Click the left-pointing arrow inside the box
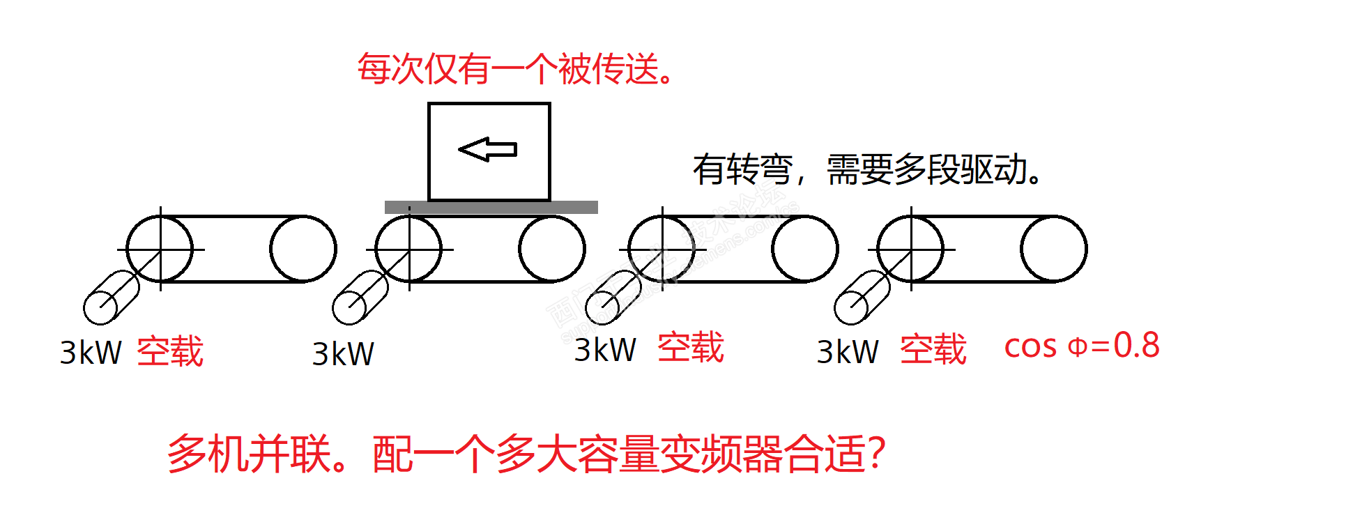click(x=487, y=149)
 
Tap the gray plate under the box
click(x=491, y=207)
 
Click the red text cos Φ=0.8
click(x=1081, y=346)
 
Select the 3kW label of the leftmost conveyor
click(x=91, y=353)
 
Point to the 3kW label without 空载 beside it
click(x=342, y=354)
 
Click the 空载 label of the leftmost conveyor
click(x=170, y=351)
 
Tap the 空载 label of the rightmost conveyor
click(x=933, y=349)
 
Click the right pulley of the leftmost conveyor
click(x=303, y=249)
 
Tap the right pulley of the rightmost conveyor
click(x=1053, y=249)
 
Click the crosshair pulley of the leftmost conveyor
click(x=160, y=249)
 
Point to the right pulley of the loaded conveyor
click(x=551, y=249)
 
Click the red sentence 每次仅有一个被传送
click(x=515, y=69)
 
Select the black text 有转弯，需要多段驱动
click(x=867, y=169)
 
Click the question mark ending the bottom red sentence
click(x=878, y=454)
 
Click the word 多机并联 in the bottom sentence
click(x=249, y=454)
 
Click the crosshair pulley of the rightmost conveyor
click(x=911, y=249)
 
